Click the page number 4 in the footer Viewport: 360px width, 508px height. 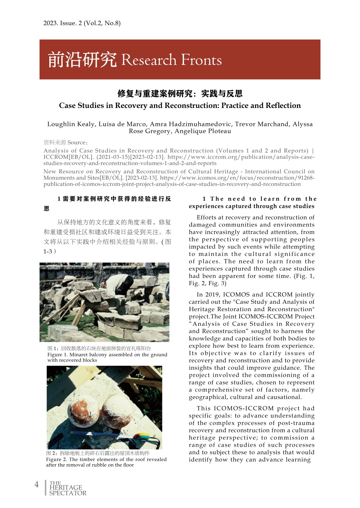coord(37,484)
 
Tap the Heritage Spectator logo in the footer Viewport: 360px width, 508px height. coord(68,488)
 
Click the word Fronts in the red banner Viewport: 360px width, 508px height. coord(201,60)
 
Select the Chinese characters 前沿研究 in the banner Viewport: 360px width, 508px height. coord(82,60)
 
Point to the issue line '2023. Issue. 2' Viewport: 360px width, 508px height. coord(63,23)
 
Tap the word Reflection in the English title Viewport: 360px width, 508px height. coord(284,106)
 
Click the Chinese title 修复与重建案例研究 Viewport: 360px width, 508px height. coord(155,94)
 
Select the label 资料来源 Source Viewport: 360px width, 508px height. coord(65,143)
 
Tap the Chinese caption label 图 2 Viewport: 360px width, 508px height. coord(52,453)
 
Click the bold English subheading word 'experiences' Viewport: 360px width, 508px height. coord(206,206)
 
